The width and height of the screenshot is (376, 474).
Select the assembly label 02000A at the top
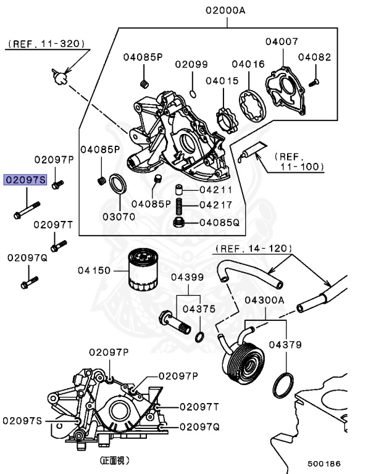coord(227,10)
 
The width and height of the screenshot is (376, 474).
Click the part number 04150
coord(94,270)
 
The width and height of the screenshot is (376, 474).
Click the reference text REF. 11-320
coord(47,44)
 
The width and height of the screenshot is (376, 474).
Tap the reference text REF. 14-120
coord(254,249)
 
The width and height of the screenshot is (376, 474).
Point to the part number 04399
coord(187,277)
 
